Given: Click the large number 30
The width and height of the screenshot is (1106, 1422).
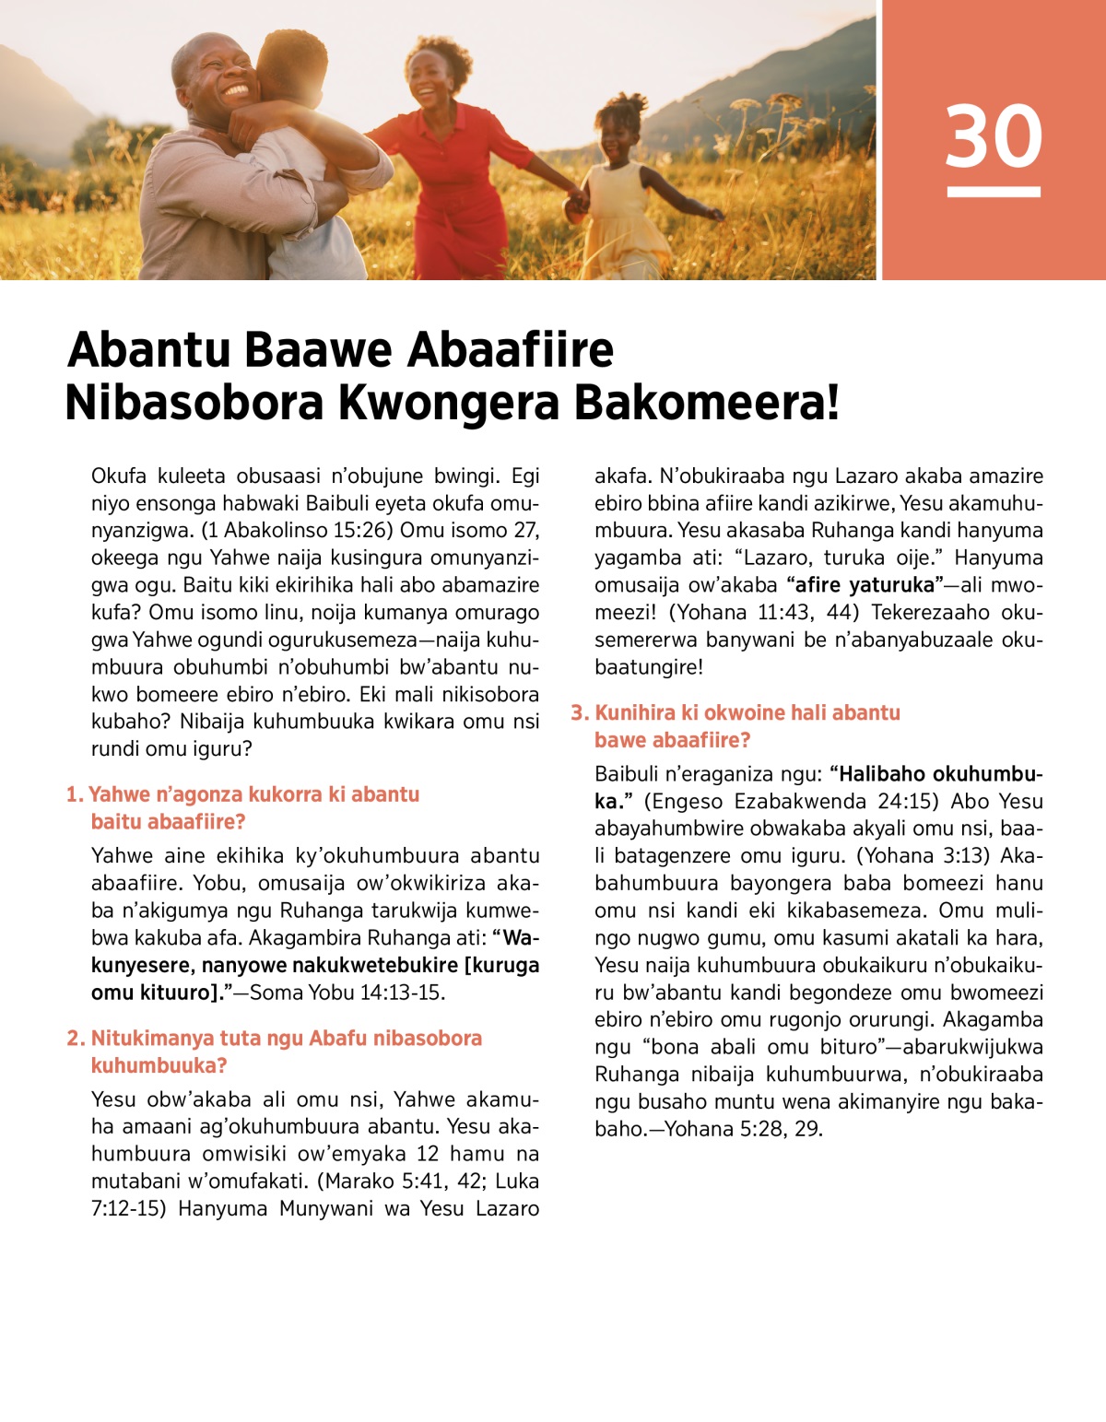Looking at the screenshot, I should coord(994,136).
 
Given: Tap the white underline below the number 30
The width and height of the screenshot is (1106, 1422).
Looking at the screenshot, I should coord(994,192).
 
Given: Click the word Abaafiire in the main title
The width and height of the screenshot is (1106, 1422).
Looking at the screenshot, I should coord(511,350).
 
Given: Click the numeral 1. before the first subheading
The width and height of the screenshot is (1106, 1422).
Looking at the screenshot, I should coord(74,794).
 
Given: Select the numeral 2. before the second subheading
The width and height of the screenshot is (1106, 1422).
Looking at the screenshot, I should coord(76,1039).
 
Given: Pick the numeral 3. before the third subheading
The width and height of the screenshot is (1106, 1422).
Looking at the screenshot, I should coord(580,712).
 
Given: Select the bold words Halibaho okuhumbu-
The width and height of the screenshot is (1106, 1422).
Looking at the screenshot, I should coord(936,774).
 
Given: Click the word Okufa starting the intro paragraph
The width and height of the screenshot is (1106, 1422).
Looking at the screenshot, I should coord(116,476).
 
